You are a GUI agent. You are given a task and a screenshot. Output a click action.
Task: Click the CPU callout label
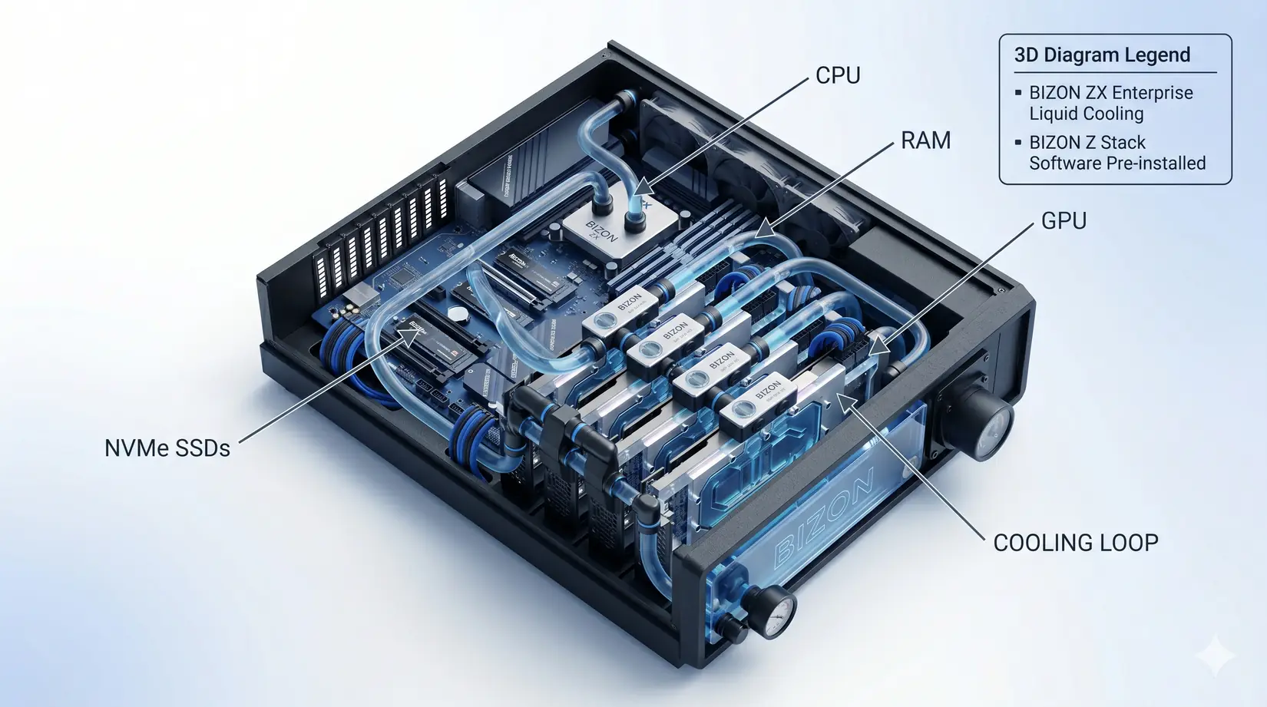838,75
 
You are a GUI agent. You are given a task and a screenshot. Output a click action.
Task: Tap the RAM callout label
925,140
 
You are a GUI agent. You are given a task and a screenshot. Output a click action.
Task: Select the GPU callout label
1064,221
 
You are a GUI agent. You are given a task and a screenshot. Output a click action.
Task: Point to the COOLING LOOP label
1075,543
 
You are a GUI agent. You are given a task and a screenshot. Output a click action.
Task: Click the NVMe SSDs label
167,448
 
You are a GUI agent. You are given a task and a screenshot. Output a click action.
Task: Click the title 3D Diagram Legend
1102,55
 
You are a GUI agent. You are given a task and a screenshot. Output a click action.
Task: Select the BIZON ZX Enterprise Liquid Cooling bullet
1110,103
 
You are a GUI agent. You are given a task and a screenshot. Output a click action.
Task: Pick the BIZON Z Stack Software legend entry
1116,153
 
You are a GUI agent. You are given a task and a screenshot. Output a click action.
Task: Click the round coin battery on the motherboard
458,313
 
